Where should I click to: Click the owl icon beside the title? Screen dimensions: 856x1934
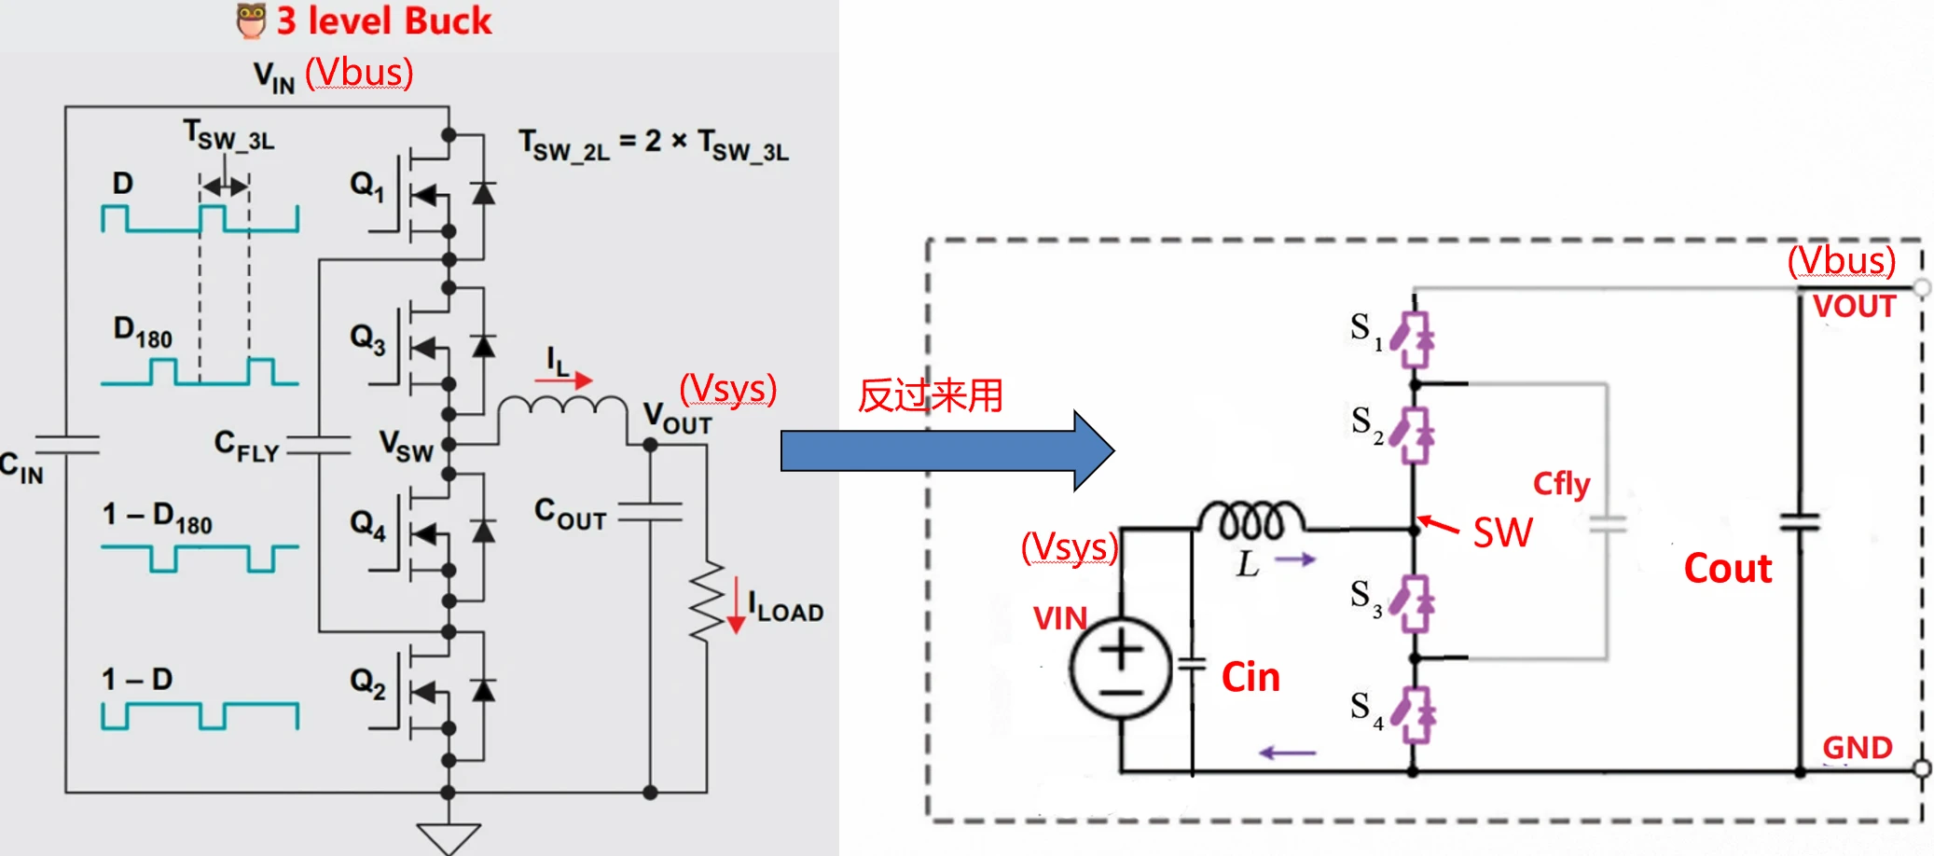(251, 21)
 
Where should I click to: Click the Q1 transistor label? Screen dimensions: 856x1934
(366, 185)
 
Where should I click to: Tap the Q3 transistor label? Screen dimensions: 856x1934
(366, 338)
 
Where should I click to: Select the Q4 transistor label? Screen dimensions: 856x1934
(367, 523)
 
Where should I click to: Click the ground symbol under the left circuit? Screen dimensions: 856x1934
(449, 837)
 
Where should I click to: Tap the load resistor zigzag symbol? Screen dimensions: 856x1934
(707, 601)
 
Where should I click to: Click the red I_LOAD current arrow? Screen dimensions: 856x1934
(736, 606)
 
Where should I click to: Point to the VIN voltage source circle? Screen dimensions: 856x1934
(1120, 669)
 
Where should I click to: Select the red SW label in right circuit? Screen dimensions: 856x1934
(1502, 532)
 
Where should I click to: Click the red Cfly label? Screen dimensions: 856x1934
(1561, 484)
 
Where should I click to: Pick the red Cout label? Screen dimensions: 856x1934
(1727, 569)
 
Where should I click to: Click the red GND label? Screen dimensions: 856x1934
(1857, 747)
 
